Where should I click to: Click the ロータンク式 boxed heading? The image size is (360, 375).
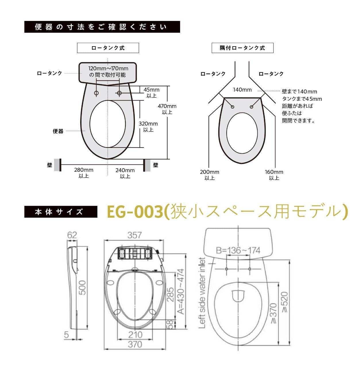tap(108, 48)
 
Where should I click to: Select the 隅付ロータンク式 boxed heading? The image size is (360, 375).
tap(242, 48)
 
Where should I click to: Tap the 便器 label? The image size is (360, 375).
tap(58, 131)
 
